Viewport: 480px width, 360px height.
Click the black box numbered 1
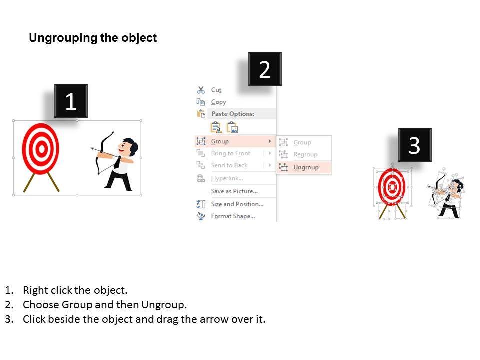pyautogui.click(x=71, y=100)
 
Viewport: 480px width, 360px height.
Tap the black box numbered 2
pyautogui.click(x=265, y=69)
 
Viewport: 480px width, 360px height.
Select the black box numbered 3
pyautogui.click(x=415, y=145)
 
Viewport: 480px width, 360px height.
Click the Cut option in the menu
pyautogui.click(x=216, y=90)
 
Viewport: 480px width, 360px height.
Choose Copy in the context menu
pyautogui.click(x=218, y=102)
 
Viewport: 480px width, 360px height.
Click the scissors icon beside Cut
pyautogui.click(x=201, y=90)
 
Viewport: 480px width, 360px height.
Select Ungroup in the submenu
pyautogui.click(x=306, y=167)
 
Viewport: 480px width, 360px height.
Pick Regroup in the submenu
pyautogui.click(x=305, y=154)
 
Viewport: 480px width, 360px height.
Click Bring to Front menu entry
pyautogui.click(x=231, y=153)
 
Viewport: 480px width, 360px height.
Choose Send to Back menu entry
pyautogui.click(x=229, y=165)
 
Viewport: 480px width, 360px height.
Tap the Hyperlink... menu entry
pyautogui.click(x=227, y=178)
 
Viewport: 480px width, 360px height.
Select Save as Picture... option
pyautogui.click(x=234, y=191)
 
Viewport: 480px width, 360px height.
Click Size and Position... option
pyautogui.click(x=237, y=204)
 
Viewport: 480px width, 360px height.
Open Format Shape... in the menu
pyautogui.click(x=233, y=216)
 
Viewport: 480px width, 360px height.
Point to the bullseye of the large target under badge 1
pyautogui.click(x=41, y=149)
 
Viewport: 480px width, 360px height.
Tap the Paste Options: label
pyautogui.click(x=233, y=114)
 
